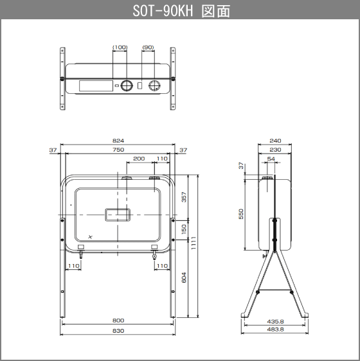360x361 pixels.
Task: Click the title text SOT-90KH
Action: (x=163, y=11)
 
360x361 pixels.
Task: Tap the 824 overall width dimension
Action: (x=118, y=141)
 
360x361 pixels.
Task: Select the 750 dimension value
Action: (x=118, y=150)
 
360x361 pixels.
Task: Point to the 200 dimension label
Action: (x=139, y=159)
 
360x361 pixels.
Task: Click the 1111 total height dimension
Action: (x=194, y=243)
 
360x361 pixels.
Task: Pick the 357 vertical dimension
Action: (x=184, y=197)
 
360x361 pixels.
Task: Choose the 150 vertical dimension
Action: (x=184, y=229)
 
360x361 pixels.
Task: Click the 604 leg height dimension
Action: (x=184, y=277)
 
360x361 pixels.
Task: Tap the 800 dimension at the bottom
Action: (x=118, y=321)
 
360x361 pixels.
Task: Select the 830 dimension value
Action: (x=118, y=331)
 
